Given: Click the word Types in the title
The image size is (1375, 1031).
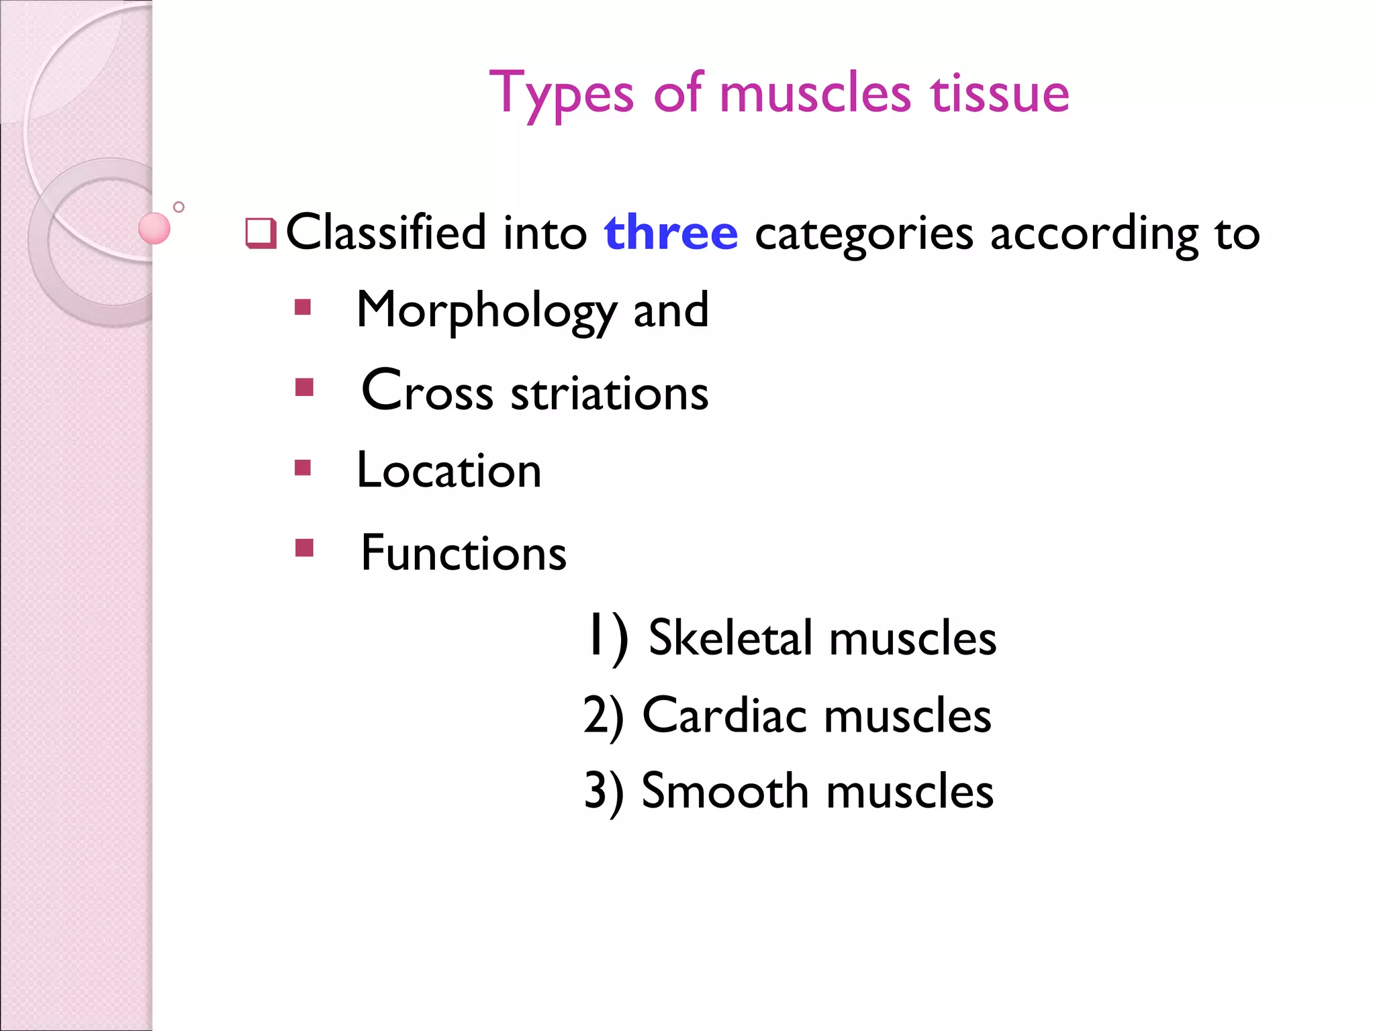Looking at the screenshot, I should (561, 94).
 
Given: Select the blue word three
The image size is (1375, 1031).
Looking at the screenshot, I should (671, 233).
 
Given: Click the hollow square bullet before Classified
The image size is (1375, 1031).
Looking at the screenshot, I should (260, 234).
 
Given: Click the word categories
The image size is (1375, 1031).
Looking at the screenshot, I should (863, 235).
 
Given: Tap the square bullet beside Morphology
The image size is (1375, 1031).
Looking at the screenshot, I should (303, 307).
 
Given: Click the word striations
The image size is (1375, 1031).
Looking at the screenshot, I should (609, 393).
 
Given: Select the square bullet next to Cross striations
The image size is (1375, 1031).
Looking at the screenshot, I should (304, 387).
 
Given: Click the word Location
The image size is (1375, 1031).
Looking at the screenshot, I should (448, 471).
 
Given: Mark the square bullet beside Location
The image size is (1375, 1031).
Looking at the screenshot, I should (303, 467).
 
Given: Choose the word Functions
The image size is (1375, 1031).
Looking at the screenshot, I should (463, 554).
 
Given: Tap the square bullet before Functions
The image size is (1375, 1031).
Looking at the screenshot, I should (304, 548).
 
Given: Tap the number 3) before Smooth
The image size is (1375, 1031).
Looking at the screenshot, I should (604, 792).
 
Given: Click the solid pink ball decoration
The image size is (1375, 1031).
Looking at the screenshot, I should (154, 228).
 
